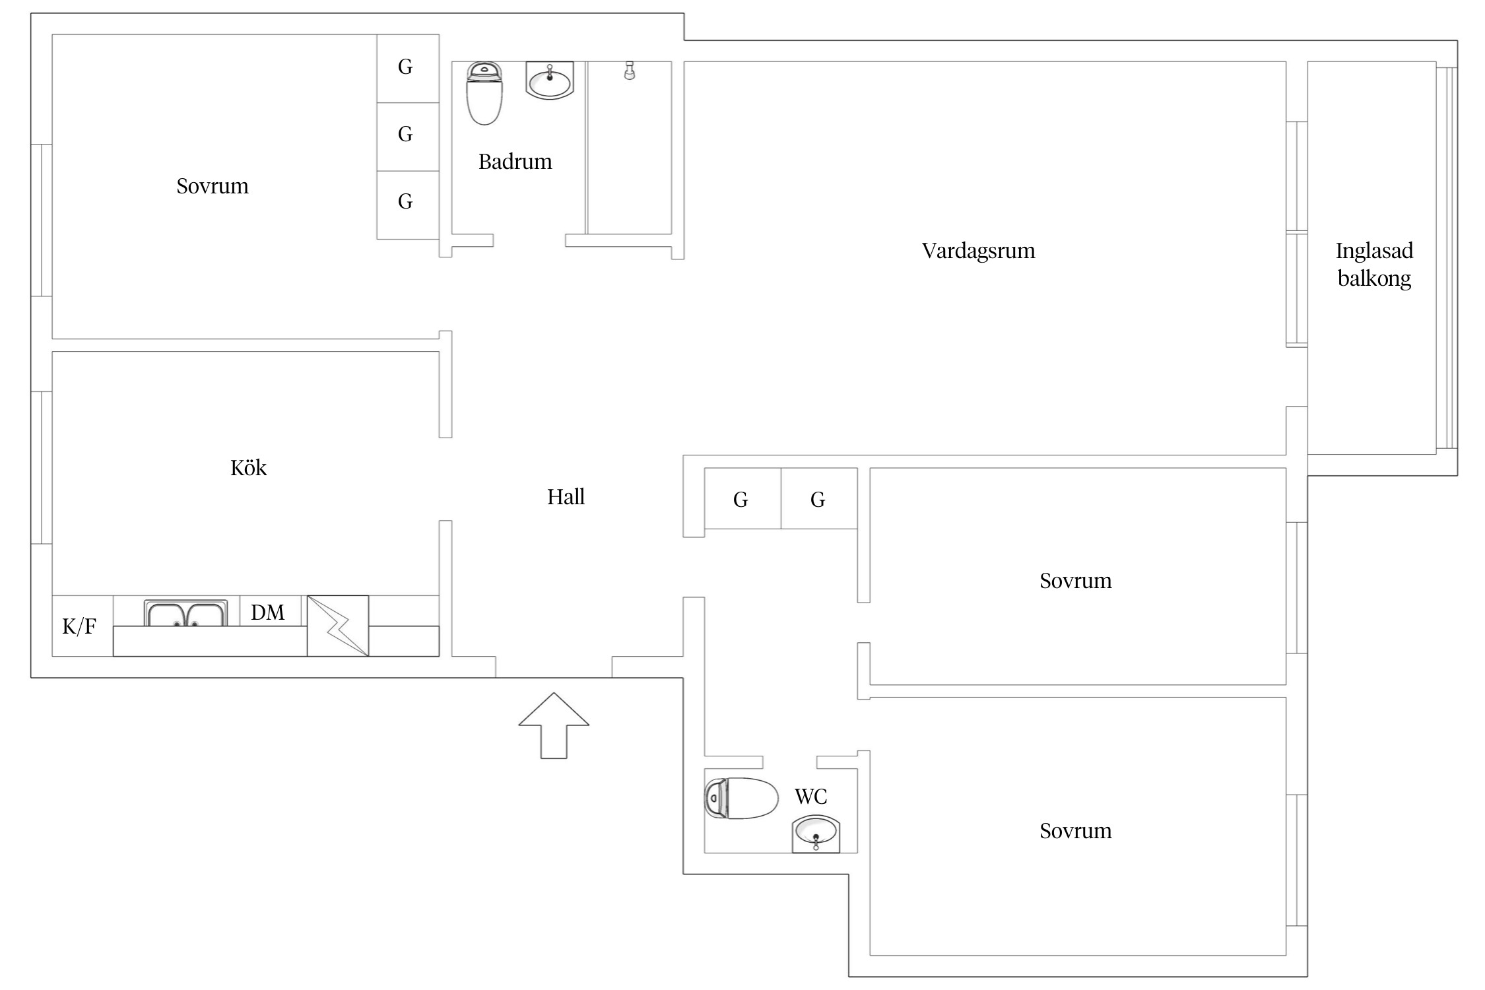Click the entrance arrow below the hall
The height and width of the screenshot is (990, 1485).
(x=554, y=725)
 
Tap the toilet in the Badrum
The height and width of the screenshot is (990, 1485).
(x=484, y=93)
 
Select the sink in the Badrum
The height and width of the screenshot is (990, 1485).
(x=550, y=80)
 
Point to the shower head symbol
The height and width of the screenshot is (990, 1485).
(x=630, y=71)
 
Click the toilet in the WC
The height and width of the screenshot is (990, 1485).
(x=741, y=798)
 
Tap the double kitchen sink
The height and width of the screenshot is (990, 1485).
(x=185, y=613)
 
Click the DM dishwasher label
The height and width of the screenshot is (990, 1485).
(x=267, y=612)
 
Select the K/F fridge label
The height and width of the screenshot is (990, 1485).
(x=79, y=626)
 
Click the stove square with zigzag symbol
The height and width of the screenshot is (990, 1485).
(x=338, y=626)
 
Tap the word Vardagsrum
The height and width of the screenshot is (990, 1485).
(x=978, y=251)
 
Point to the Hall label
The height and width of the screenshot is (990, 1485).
(x=566, y=496)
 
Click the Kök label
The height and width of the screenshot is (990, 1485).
(x=248, y=467)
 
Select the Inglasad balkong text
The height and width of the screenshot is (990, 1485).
(x=1374, y=265)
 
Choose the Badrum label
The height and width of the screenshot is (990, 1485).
(x=515, y=161)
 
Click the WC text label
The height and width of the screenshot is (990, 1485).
(x=810, y=797)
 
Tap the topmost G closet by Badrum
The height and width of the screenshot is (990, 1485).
(x=405, y=67)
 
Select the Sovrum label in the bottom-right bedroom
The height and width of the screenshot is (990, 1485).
(x=1075, y=831)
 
